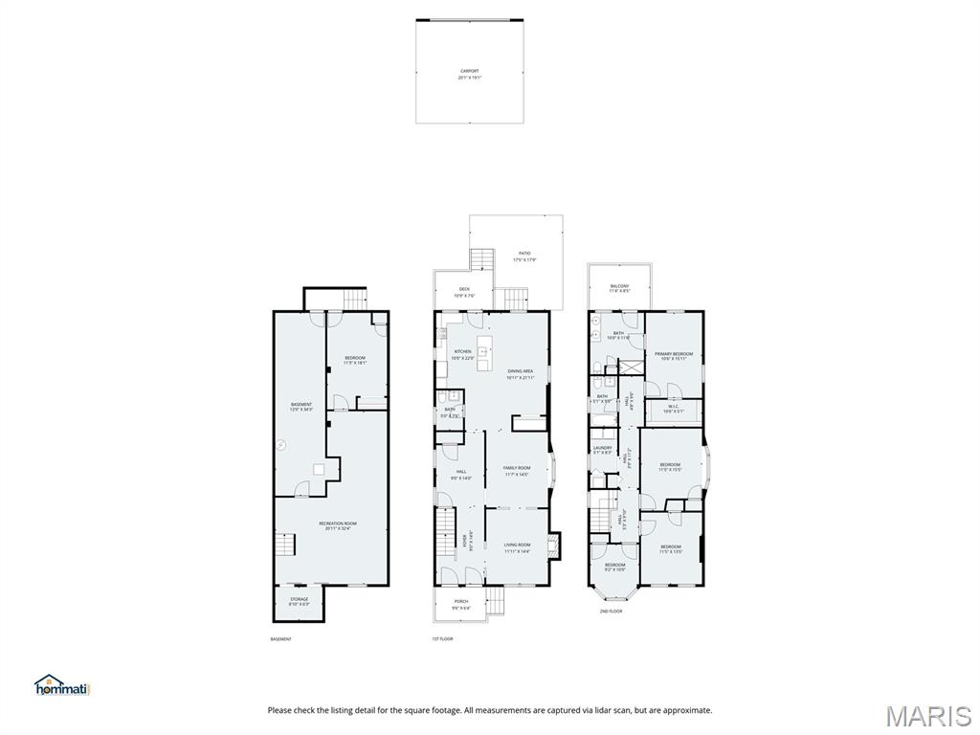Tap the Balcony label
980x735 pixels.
619,288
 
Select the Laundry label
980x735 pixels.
602,449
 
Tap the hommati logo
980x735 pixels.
62,685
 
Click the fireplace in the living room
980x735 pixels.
551,546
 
